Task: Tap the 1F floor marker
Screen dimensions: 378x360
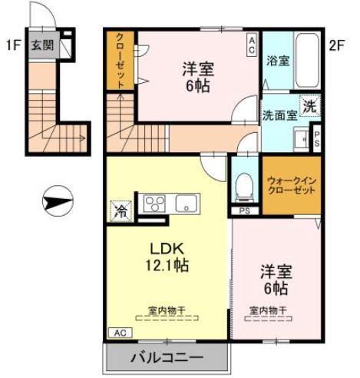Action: (12, 44)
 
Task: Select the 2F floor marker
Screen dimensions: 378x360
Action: (336, 45)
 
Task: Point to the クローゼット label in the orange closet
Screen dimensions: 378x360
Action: (121, 62)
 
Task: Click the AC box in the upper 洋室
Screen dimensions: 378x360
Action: (251, 44)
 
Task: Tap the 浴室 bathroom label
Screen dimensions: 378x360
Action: (278, 61)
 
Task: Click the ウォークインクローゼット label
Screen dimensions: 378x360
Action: (292, 184)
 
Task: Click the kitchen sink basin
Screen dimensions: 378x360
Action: (187, 204)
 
